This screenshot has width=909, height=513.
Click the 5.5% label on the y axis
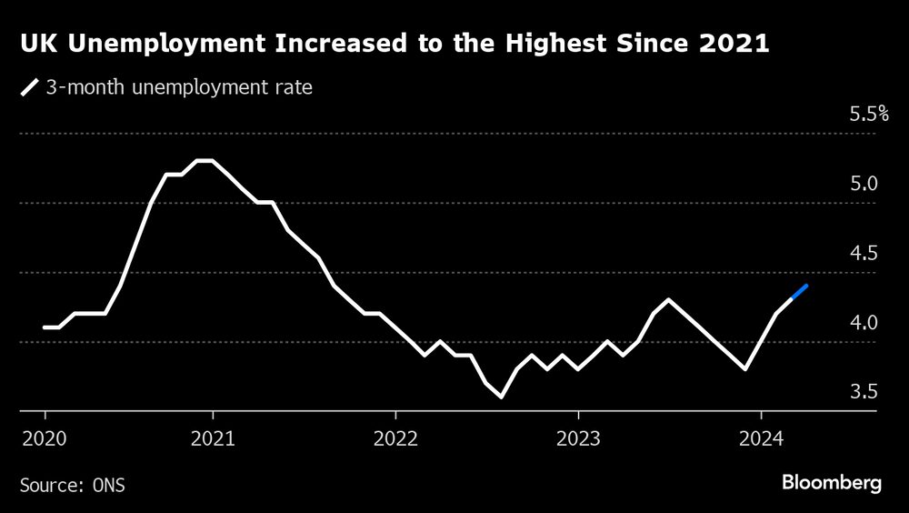click(x=868, y=115)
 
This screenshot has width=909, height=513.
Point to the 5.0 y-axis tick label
click(x=864, y=184)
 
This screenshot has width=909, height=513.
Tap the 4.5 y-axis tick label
click(x=864, y=253)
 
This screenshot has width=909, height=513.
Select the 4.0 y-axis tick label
click(x=864, y=323)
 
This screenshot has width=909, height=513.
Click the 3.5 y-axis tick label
click(x=864, y=392)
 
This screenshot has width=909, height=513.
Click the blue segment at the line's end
click(x=799, y=292)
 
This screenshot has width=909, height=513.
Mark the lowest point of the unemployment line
click(x=501, y=397)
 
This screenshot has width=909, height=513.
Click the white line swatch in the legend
click(x=30, y=89)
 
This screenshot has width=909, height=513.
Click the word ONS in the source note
click(x=110, y=485)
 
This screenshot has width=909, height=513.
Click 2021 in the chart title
click(x=736, y=45)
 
